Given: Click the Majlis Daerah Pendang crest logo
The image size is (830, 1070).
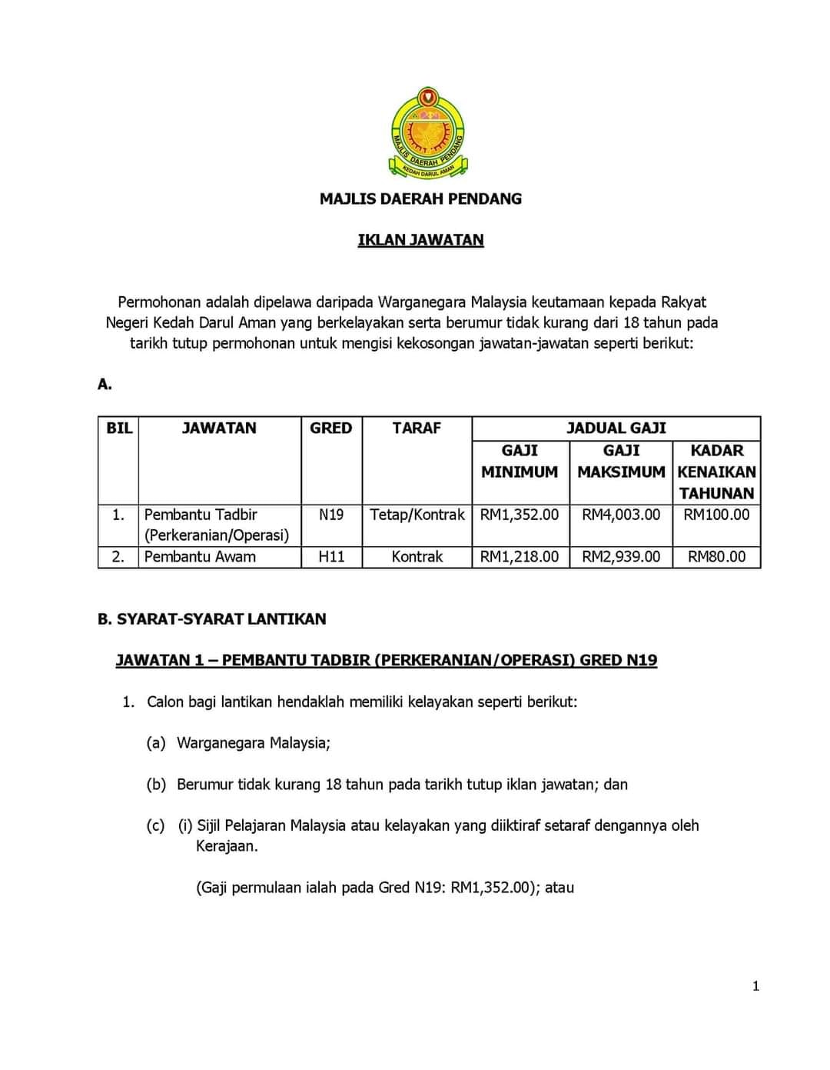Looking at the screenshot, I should pyautogui.click(x=428, y=132).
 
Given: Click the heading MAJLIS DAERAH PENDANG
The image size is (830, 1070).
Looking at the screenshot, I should pyautogui.click(x=420, y=198).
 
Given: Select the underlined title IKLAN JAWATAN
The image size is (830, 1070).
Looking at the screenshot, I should pyautogui.click(x=420, y=240).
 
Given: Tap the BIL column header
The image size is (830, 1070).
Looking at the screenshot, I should pyautogui.click(x=119, y=428).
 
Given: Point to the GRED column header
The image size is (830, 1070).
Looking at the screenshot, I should pyautogui.click(x=330, y=428).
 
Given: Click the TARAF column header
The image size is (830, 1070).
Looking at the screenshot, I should pyautogui.click(x=417, y=428).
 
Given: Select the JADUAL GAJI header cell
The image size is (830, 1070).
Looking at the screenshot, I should pyautogui.click(x=616, y=428).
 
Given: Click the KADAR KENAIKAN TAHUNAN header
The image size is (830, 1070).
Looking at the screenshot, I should pyautogui.click(x=716, y=472).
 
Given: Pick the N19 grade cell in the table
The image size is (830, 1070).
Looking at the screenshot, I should pyautogui.click(x=331, y=515).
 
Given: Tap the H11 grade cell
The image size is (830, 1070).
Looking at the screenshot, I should pyautogui.click(x=331, y=557).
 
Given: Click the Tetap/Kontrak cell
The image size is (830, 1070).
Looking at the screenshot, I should pyautogui.click(x=417, y=515).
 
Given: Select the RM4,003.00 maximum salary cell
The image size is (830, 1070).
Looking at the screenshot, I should pyautogui.click(x=621, y=515).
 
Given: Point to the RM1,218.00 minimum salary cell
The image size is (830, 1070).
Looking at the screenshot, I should pyautogui.click(x=520, y=557).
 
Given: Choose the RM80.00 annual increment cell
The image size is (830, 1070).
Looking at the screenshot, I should pyautogui.click(x=716, y=557).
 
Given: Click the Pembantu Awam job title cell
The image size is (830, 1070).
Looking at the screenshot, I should pyautogui.click(x=200, y=557).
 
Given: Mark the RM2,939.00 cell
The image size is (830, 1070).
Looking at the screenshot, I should pyautogui.click(x=621, y=557).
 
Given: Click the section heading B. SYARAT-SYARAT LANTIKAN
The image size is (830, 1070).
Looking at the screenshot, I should pyautogui.click(x=211, y=619).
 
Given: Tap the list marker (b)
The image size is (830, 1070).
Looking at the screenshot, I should pyautogui.click(x=156, y=785).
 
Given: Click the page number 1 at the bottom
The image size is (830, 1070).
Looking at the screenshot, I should pyautogui.click(x=755, y=987).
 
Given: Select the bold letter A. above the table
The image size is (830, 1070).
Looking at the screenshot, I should pyautogui.click(x=105, y=385).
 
